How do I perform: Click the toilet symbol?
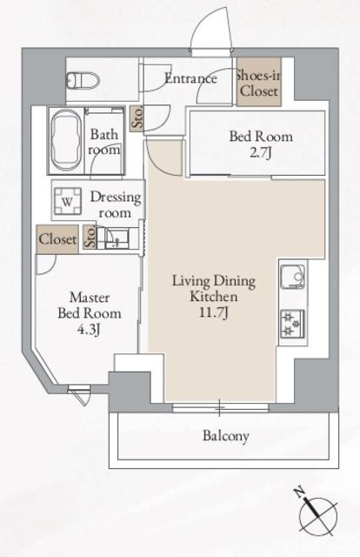point(83,80)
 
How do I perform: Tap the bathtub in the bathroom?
point(67,140)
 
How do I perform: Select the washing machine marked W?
point(68,201)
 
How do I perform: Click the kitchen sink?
point(293,277)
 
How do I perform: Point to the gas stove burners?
point(293,324)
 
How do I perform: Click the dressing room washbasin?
point(117,238)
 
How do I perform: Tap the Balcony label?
point(226,435)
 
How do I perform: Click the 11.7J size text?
point(213,313)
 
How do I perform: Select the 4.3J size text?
point(89,330)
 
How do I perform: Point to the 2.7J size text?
point(261,153)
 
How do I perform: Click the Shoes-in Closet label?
point(258,83)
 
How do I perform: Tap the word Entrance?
point(190,78)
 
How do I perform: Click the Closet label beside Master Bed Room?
point(57,239)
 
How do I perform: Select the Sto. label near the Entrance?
point(137,117)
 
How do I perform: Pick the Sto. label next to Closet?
point(90,238)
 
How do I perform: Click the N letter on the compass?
point(300,493)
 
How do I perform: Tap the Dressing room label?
point(115,205)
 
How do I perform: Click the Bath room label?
point(104,142)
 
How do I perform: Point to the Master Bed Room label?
point(89,305)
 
